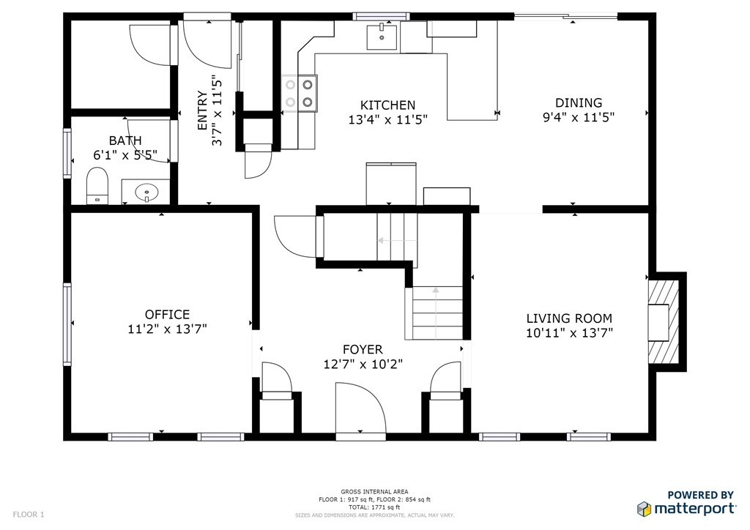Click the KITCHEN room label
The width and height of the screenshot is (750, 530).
[x=387, y=105]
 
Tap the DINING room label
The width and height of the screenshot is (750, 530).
[x=579, y=102]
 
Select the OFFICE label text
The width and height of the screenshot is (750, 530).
[x=167, y=314]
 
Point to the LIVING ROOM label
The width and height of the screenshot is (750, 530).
[x=569, y=318]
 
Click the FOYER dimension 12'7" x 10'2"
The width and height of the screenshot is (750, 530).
[x=363, y=364]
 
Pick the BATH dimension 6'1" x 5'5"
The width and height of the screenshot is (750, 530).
[x=125, y=155]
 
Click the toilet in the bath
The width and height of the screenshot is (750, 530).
[x=97, y=186]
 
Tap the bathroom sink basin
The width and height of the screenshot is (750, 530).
[x=146, y=193]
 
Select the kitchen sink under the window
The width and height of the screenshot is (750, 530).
[x=382, y=37]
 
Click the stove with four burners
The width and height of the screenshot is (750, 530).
[x=299, y=93]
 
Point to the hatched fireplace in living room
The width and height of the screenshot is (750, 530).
[x=664, y=322]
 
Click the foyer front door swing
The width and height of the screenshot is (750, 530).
[x=360, y=408]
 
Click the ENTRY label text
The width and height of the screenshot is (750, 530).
[x=202, y=111]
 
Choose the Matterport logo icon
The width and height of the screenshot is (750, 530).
[x=644, y=509]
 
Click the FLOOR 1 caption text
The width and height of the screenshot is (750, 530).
[x=29, y=515]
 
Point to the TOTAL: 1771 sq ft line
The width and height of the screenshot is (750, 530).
[x=374, y=507]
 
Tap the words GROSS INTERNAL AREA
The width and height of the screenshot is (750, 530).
[x=374, y=492]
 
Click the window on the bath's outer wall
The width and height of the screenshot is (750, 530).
[x=67, y=154]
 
